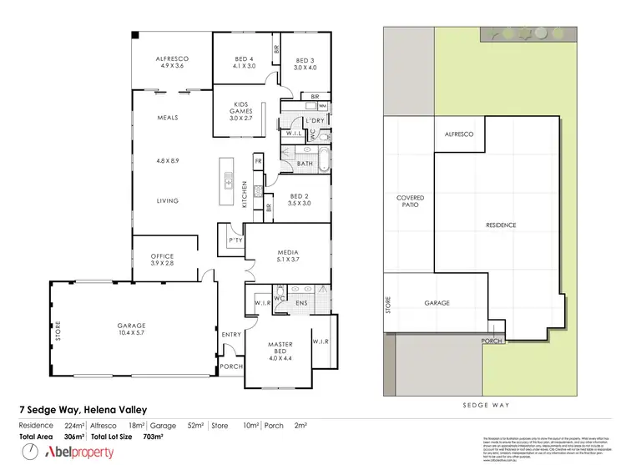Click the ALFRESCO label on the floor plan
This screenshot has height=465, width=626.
[x=172, y=58]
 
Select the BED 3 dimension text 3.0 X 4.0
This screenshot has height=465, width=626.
[x=306, y=68]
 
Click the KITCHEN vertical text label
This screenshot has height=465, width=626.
[x=245, y=195]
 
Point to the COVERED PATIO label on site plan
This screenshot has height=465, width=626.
[x=410, y=201]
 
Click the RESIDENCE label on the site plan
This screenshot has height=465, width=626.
[x=501, y=225]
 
